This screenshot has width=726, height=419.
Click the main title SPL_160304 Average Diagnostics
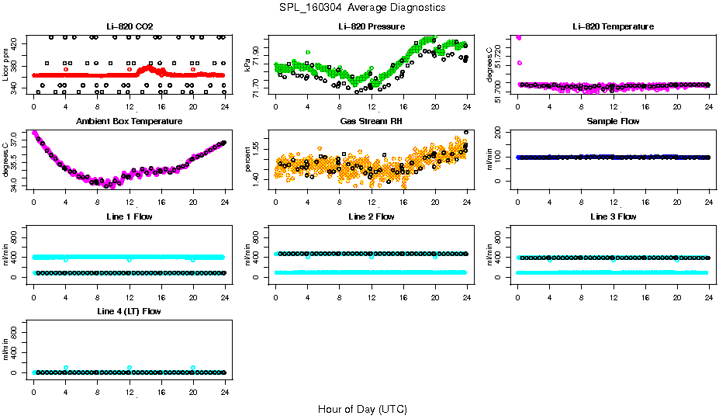pos(363,7)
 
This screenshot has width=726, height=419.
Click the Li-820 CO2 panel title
pos(129,26)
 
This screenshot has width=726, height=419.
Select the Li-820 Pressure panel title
pos(372,26)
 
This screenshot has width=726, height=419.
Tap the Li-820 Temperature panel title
pos(613,26)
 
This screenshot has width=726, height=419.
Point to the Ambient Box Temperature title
pos(129,122)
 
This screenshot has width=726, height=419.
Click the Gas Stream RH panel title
pos(372,122)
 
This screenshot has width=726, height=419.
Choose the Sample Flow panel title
pos(613,122)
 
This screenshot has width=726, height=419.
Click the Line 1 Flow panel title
pos(129,216)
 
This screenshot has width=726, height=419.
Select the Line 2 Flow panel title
pos(372,216)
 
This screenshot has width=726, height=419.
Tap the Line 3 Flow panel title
pos(613,216)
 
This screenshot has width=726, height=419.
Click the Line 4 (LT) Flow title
pos(129,311)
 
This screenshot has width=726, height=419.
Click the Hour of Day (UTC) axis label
pos(362,409)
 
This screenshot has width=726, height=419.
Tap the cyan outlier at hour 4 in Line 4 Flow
pos(66,368)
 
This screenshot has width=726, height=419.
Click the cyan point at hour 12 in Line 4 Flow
pos(130,368)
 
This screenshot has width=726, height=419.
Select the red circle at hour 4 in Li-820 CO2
pos(66,69)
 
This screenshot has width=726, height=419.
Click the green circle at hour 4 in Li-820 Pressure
pos(308,52)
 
